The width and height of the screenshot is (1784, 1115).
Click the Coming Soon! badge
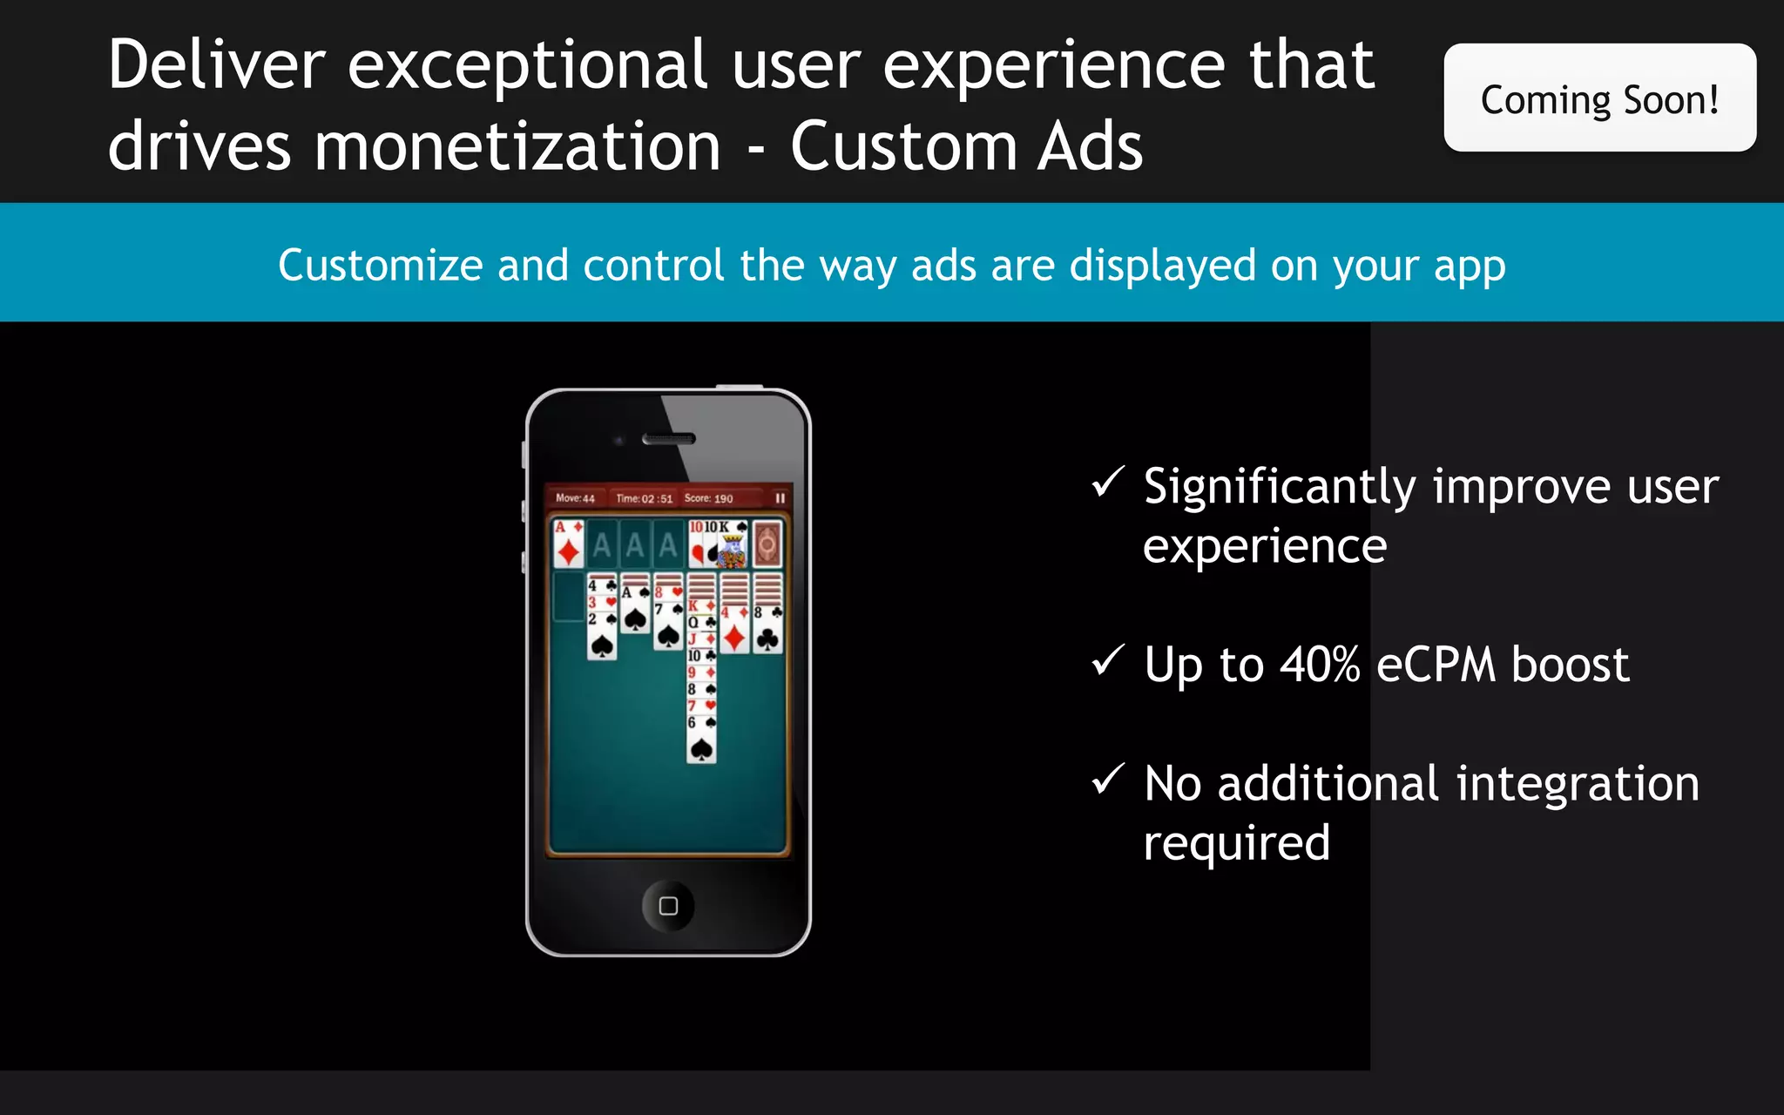point(1599,98)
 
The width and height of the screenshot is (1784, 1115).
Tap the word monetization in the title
point(517,146)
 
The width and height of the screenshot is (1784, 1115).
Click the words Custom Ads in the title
point(966,146)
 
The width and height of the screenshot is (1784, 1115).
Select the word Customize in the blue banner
point(380,265)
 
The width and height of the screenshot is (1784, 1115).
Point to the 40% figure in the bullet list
point(1319,665)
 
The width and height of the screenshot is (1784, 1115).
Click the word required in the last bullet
point(1236,843)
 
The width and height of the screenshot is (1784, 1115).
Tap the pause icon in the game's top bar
point(780,498)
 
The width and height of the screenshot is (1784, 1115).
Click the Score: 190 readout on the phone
point(708,498)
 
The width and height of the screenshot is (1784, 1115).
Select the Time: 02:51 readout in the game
point(644,498)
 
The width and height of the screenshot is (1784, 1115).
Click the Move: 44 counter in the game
point(575,498)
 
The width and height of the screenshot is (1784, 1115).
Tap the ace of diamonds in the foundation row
point(569,544)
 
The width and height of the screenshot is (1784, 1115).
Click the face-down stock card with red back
point(767,544)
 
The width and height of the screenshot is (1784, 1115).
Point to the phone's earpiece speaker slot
point(668,439)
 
